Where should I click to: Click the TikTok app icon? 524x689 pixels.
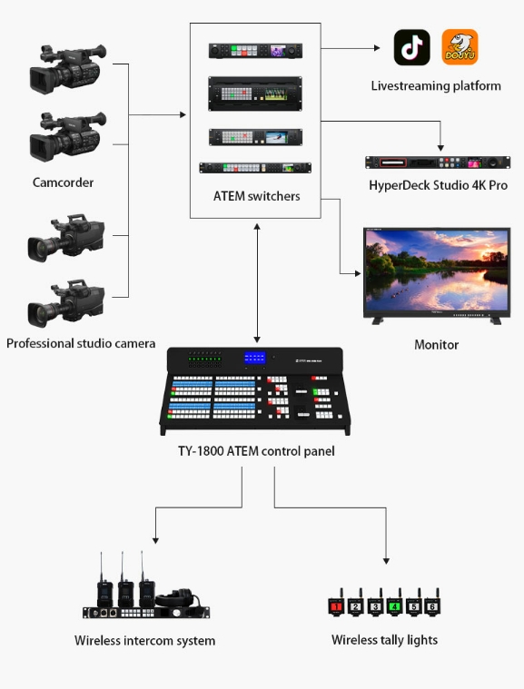pos(412,47)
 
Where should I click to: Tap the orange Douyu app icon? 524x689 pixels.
pos(460,47)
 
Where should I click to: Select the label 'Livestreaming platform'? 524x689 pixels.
pos(436,85)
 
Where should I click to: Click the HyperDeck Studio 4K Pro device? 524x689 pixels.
pos(438,162)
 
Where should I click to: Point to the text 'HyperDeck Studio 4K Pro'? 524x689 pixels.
pos(439,185)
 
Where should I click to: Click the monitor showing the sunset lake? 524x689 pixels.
pos(437,276)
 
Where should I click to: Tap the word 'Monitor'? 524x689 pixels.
pos(437,345)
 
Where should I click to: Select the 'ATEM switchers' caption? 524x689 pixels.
pos(257,196)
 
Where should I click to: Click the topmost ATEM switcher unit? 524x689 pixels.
pos(255,51)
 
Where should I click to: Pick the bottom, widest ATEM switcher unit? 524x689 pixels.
pos(255,167)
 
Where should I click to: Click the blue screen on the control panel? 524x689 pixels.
pos(255,358)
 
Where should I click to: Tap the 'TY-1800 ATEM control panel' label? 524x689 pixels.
pos(256,451)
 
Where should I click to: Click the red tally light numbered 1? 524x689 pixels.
pos(336,605)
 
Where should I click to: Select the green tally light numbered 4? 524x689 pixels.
pos(394,605)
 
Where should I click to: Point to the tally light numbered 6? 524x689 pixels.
pos(432,605)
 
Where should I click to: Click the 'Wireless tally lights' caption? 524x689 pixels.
pos(385,640)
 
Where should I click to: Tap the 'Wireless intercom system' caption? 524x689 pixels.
pos(145,641)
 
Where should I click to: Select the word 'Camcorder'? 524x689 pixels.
pos(64,182)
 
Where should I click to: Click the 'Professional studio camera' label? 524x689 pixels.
pos(81,343)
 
